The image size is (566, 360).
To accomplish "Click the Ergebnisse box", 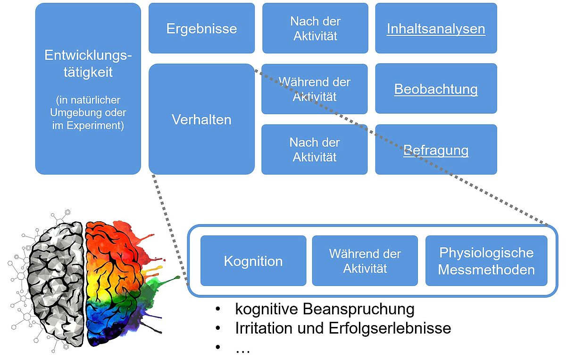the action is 202,28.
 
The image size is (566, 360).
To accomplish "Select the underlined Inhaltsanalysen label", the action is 436,29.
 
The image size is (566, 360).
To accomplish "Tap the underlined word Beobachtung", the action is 436,89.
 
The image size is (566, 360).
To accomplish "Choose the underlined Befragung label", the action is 436,151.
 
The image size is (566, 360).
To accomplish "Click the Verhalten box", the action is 202,119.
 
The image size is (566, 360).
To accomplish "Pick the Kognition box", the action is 253,260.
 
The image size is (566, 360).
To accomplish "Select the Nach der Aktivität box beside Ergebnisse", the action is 315,28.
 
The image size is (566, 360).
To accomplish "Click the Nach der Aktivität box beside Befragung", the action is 314,150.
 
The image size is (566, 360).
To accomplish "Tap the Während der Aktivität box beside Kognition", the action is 365,260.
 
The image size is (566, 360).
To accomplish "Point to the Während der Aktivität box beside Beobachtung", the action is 314,89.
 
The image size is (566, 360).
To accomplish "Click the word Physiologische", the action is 486,252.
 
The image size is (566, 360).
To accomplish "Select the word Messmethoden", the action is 486,269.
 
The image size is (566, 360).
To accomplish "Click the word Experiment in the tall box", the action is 95,126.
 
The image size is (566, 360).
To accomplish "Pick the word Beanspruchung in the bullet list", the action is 358,309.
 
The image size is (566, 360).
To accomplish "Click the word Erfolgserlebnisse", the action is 390,328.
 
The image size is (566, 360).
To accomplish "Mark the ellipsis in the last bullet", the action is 243,351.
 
